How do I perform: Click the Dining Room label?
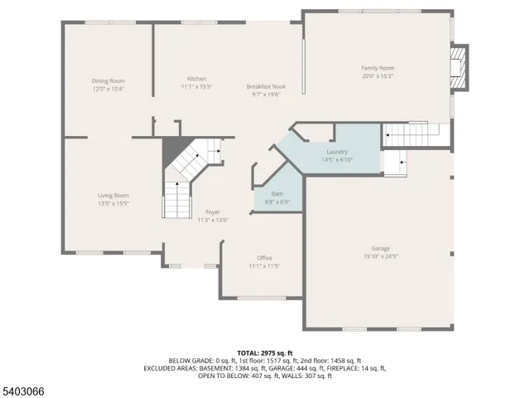pos(108,80)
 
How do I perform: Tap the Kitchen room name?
pos(196,78)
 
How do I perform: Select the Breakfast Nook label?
pos(266,86)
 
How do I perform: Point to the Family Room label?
pos(377,67)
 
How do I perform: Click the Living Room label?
pos(113,195)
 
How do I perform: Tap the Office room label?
pos(264,258)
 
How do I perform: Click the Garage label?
pos(380,248)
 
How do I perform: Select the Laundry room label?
pos(336,152)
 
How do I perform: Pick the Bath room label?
pos(277,194)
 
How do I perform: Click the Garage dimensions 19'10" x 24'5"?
pos(381,256)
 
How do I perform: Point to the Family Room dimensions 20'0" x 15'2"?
pos(377,75)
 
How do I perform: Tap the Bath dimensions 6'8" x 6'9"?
pos(277,201)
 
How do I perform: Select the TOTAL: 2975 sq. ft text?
pos(264,352)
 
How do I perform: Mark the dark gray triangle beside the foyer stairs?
pos(173,150)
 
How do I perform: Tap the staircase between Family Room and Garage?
pos(412,133)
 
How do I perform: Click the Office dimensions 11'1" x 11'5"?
pos(264,266)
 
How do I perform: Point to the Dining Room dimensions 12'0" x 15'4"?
pos(108,89)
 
